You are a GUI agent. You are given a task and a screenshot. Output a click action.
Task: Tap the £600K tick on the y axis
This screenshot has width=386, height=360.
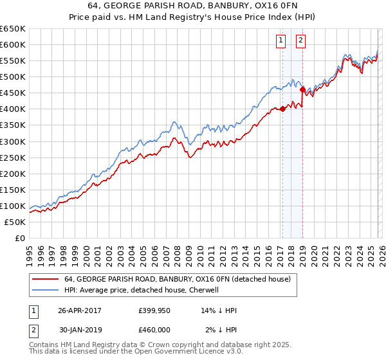13,45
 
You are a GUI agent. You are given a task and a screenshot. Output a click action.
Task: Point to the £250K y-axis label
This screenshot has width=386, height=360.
13,157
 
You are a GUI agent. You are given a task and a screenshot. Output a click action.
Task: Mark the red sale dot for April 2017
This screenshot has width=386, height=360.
282,109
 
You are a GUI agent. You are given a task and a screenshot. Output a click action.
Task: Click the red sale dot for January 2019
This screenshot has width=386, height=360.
302,90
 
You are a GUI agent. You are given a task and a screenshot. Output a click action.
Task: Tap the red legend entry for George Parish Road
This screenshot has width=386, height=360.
178,279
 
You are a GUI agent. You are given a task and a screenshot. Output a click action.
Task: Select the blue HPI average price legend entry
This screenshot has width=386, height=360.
142,290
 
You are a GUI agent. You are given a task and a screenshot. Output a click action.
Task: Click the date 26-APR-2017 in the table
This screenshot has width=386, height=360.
80,310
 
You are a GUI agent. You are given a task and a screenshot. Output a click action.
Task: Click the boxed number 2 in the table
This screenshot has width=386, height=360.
33,330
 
